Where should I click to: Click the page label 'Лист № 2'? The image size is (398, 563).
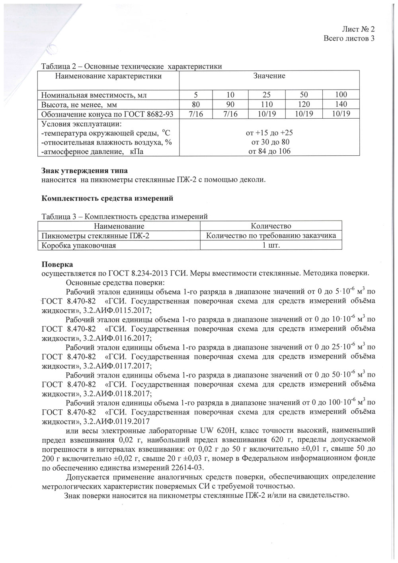(358, 29)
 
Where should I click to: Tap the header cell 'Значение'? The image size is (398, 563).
(269, 76)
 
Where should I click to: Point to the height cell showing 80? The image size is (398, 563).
(195, 104)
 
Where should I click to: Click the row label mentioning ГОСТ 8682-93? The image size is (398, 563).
(107, 114)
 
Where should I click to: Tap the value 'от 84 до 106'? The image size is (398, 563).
(269, 151)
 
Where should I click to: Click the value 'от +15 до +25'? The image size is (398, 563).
(269, 133)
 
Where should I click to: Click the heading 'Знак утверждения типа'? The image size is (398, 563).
(84, 171)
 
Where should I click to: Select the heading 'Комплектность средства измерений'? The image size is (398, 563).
(107, 198)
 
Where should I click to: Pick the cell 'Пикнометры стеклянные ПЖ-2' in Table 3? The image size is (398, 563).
(96, 236)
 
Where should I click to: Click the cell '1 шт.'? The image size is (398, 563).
(271, 245)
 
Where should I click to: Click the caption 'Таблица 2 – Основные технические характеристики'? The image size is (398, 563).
(132, 66)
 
